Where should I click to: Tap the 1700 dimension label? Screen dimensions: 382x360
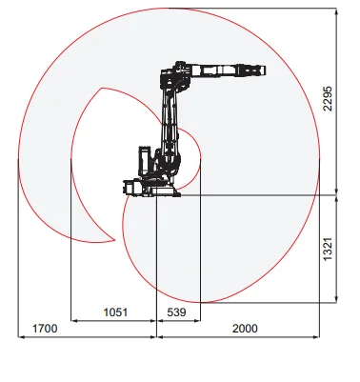(x=44, y=329)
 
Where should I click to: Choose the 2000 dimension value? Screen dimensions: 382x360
(x=245, y=329)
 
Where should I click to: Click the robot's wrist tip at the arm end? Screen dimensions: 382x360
(x=260, y=70)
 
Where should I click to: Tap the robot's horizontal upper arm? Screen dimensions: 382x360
(x=217, y=70)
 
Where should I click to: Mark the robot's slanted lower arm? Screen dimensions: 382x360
(x=170, y=124)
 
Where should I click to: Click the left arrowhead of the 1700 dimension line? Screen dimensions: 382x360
(x=20, y=336)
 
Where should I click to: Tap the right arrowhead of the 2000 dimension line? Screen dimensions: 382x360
(x=318, y=336)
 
